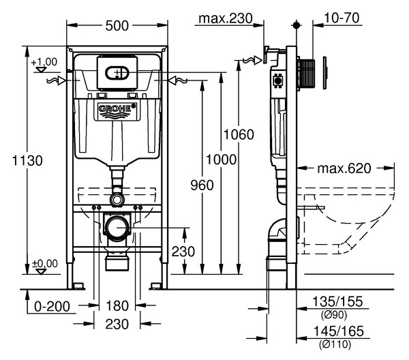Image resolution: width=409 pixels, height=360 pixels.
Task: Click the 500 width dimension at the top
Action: tap(117, 25)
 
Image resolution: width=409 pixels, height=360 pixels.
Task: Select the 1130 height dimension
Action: tap(27, 160)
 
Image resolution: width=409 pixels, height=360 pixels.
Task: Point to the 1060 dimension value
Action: tap(239, 134)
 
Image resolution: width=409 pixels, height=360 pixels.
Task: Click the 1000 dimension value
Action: tap(221, 160)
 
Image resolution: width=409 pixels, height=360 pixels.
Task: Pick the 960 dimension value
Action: tap(202, 185)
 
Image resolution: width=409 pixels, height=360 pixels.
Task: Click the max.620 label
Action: tap(344, 168)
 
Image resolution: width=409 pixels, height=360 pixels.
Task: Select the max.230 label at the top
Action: tap(226, 18)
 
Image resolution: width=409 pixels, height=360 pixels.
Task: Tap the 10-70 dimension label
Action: tap(342, 18)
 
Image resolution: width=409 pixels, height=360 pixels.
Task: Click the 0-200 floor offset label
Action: tap(52, 307)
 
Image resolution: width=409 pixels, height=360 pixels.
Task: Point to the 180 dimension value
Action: tap(117, 305)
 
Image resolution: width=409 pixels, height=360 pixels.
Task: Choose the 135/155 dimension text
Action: tap(337, 301)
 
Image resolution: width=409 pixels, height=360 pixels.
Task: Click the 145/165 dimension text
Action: tap(338, 331)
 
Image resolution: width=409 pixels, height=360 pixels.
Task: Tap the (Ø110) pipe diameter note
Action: tap(335, 344)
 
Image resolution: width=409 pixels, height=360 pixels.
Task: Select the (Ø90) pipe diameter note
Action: tap(334, 314)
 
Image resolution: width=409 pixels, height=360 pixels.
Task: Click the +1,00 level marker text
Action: tap(44, 62)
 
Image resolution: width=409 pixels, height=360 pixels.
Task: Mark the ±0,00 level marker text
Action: tap(44, 263)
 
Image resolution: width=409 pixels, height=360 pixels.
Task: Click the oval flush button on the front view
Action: tap(117, 72)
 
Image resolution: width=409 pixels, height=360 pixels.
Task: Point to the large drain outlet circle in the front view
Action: tap(117, 228)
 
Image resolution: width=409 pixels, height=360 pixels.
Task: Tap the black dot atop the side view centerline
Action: tap(296, 25)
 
